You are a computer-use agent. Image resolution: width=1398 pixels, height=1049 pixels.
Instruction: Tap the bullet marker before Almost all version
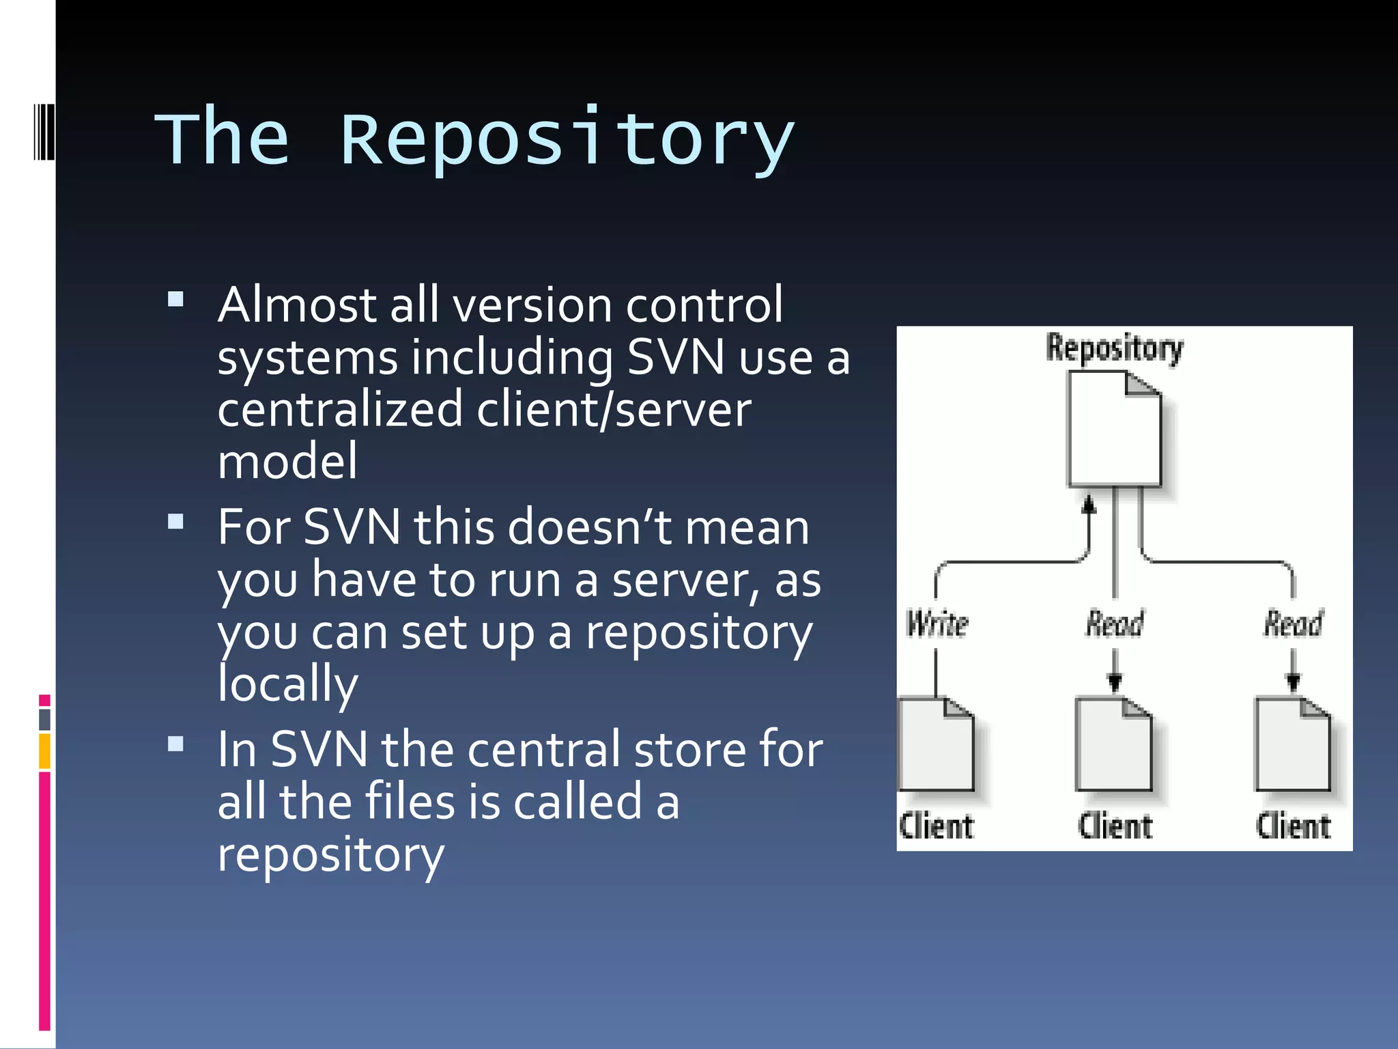(175, 300)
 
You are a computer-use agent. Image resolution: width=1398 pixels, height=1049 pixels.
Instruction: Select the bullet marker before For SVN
(175, 522)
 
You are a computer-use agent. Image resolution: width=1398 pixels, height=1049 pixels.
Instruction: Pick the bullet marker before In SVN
(175, 744)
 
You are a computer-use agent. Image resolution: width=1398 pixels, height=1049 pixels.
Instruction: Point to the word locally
(287, 683)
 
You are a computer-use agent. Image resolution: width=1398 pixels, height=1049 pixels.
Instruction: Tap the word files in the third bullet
(410, 802)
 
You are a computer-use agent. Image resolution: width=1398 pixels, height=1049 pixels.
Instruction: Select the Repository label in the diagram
(1115, 348)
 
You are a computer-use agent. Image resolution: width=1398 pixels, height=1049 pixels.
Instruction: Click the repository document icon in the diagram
(1114, 429)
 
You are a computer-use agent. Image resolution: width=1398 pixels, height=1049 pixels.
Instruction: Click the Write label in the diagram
(937, 624)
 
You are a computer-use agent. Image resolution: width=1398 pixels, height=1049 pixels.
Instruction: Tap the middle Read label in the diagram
(1115, 624)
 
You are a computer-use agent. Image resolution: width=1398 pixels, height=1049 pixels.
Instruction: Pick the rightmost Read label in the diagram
(1293, 624)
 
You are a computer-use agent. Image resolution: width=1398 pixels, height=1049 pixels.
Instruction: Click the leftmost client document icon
(936, 744)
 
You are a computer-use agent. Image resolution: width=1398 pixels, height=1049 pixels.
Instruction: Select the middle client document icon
(1113, 744)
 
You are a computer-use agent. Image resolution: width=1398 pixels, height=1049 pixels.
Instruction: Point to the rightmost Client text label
(1293, 826)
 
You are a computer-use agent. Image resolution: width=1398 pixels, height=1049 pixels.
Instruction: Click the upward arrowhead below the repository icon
(1089, 504)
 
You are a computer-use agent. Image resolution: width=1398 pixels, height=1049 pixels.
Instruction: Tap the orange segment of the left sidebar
(44, 751)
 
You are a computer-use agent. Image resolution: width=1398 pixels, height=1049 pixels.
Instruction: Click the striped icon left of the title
(44, 131)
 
